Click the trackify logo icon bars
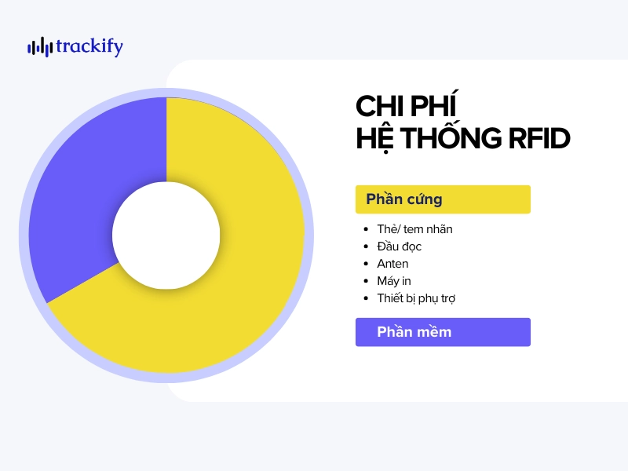point(39,47)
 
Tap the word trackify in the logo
point(89,47)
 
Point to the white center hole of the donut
point(166,234)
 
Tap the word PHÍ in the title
point(436,105)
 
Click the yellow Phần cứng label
point(443,199)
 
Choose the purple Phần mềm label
point(443,332)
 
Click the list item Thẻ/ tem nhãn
point(414,229)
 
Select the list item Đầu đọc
point(399,246)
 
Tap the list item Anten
point(392,264)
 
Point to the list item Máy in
point(394,281)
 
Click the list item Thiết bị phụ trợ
point(416,298)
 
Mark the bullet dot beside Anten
point(367,264)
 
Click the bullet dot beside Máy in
point(367,281)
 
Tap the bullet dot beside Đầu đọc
point(367,246)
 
